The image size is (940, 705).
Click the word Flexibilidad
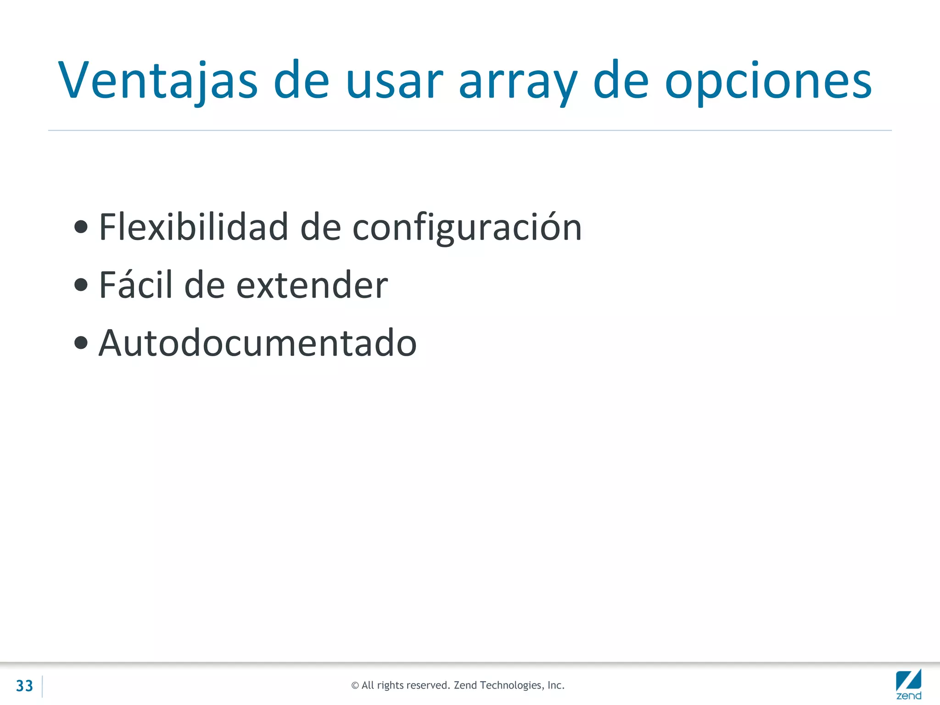(x=193, y=227)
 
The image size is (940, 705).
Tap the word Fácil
(x=136, y=285)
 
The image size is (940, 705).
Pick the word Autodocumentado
(x=257, y=343)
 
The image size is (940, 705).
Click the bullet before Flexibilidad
(x=81, y=227)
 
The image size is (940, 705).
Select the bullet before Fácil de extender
(x=81, y=285)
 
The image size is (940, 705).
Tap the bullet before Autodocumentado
(x=81, y=342)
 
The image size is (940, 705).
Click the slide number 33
(x=24, y=686)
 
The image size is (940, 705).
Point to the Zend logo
(x=908, y=684)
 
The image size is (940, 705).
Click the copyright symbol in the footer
(x=355, y=686)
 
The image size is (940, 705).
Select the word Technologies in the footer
(x=510, y=685)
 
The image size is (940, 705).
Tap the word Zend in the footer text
(x=465, y=685)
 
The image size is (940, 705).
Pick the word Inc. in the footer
(x=555, y=685)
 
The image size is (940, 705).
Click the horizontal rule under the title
(x=470, y=130)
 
